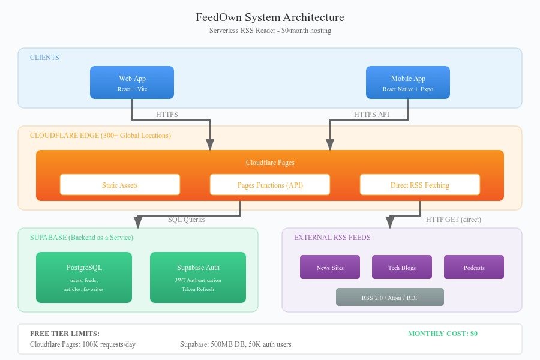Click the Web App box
pos(132,83)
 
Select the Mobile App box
pos(408,83)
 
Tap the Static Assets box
pos(120,185)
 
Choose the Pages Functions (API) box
pos(270,185)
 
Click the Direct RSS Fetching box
pos(420,185)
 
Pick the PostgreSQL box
pos(84,277)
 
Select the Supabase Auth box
pos(198,277)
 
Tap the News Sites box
pos(330,268)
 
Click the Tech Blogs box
pos(402,268)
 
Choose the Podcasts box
pos(474,268)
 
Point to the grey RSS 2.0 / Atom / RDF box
pos(390,297)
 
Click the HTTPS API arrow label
pos(372,115)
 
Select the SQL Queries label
pos(187,220)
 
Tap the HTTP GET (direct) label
pos(453,220)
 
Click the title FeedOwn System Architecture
pos(270,17)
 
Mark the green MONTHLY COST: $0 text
pos(443,334)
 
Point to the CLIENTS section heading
pos(45,58)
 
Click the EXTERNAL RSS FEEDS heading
pos(332,238)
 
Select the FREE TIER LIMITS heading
pos(65,334)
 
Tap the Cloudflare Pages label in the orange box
pos(270,163)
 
